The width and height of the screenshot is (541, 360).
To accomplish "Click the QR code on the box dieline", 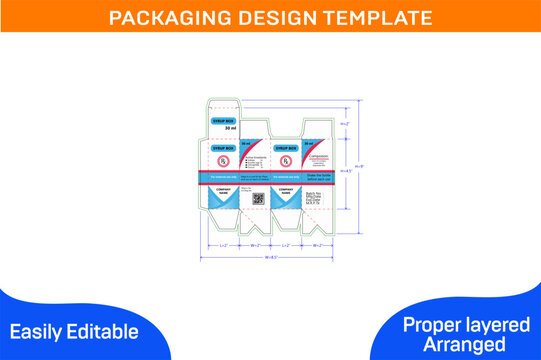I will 256,199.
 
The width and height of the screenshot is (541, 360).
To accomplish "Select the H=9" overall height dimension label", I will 361,167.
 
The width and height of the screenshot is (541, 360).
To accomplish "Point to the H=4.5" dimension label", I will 347,171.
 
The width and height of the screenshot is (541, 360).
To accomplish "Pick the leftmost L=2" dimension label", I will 223,245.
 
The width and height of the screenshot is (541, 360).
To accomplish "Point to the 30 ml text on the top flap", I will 230,129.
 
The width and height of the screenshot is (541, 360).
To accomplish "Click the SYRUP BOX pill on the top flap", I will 229,119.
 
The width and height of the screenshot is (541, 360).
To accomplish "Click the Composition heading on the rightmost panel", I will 315,152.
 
